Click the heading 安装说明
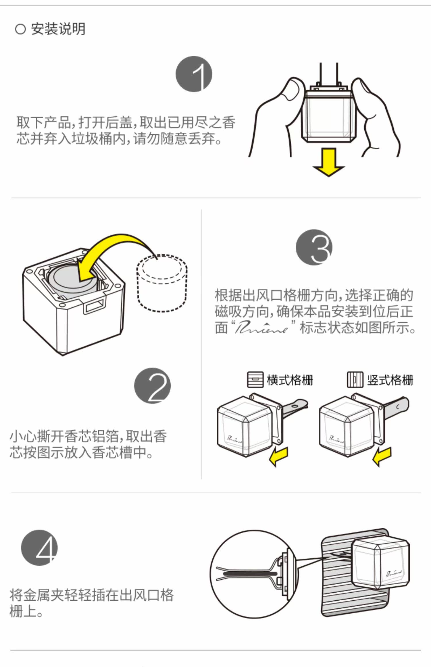click(58, 29)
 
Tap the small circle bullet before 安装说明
click(20, 29)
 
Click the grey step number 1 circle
click(194, 74)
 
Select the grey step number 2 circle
click(153, 385)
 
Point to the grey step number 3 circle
click(314, 247)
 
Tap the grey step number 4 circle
click(39, 548)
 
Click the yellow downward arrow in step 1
click(329, 162)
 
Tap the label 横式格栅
click(290, 380)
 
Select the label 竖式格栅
click(390, 380)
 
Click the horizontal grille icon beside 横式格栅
click(255, 380)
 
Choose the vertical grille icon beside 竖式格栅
click(355, 380)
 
